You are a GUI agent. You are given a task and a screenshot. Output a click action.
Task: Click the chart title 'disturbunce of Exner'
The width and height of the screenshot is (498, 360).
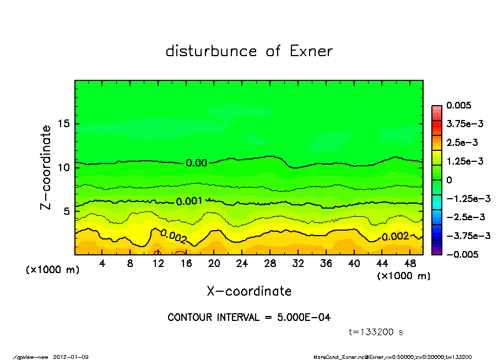tap(249, 52)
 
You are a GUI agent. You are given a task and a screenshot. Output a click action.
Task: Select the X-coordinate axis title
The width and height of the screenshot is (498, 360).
tap(249, 291)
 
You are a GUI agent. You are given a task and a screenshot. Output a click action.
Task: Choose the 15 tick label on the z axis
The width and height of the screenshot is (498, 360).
tap(64, 124)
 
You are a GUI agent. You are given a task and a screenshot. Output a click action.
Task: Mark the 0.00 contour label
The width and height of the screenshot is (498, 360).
tap(196, 163)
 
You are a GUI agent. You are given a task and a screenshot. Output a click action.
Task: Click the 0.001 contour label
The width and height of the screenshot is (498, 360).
tap(190, 201)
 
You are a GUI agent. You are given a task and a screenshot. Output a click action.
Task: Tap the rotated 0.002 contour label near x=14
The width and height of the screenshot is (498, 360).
tap(174, 236)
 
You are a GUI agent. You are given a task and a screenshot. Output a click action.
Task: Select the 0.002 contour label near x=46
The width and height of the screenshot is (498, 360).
tap(395, 237)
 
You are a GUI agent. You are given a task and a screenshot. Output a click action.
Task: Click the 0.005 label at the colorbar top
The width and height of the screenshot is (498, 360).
tap(461, 105)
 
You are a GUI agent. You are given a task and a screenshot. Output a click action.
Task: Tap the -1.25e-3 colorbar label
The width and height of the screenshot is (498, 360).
tap(466, 198)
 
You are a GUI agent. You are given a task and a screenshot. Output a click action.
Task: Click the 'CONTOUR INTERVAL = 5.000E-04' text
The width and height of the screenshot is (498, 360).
tap(249, 318)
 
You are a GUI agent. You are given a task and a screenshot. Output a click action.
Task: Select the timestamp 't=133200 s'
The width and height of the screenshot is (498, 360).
tap(376, 332)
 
